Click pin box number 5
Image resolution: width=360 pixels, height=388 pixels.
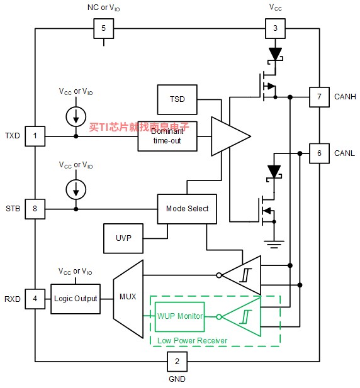click(103, 28)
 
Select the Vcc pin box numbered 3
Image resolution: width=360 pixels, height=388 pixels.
click(275, 28)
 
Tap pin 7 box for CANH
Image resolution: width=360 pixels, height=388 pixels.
click(319, 97)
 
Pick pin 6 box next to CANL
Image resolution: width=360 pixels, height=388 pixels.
click(319, 153)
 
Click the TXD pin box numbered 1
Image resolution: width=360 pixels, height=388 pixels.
click(35, 136)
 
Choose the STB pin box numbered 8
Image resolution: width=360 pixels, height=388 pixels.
click(35, 209)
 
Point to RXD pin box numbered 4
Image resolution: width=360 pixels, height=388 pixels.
click(35, 299)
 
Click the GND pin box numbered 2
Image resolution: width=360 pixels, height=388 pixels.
click(177, 362)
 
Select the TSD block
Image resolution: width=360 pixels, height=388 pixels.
click(177, 99)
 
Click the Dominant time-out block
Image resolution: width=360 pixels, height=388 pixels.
click(167, 136)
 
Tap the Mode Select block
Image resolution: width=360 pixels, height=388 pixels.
click(187, 209)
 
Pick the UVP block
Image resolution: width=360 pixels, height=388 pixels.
click(123, 238)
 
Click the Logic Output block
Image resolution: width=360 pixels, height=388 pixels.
click(76, 299)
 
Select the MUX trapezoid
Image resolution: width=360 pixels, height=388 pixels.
click(128, 299)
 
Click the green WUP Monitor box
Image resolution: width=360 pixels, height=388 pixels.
click(179, 317)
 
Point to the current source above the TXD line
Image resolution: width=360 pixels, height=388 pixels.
click(76, 116)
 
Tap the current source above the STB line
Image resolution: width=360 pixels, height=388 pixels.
click(76, 189)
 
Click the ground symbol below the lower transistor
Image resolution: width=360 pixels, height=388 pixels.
click(274, 244)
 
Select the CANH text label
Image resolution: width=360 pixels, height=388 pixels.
click(345, 97)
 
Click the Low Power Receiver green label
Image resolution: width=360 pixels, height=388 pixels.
click(192, 341)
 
